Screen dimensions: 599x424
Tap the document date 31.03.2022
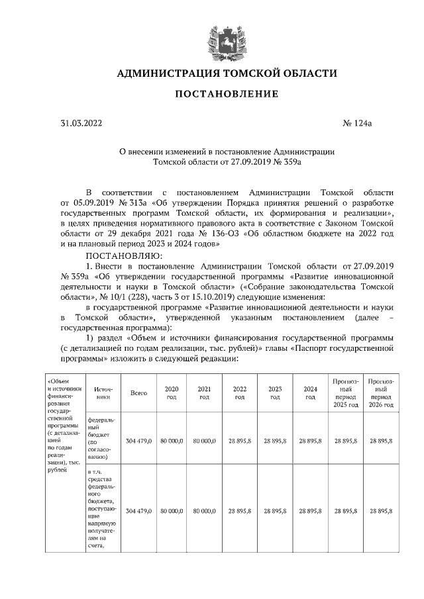82,123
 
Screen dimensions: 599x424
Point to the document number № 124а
348,123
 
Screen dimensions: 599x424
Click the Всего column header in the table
138,392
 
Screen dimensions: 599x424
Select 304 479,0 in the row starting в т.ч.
138,511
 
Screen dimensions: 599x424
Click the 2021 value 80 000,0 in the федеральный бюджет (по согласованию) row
205,439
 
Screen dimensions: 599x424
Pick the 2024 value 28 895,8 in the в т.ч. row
310,511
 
